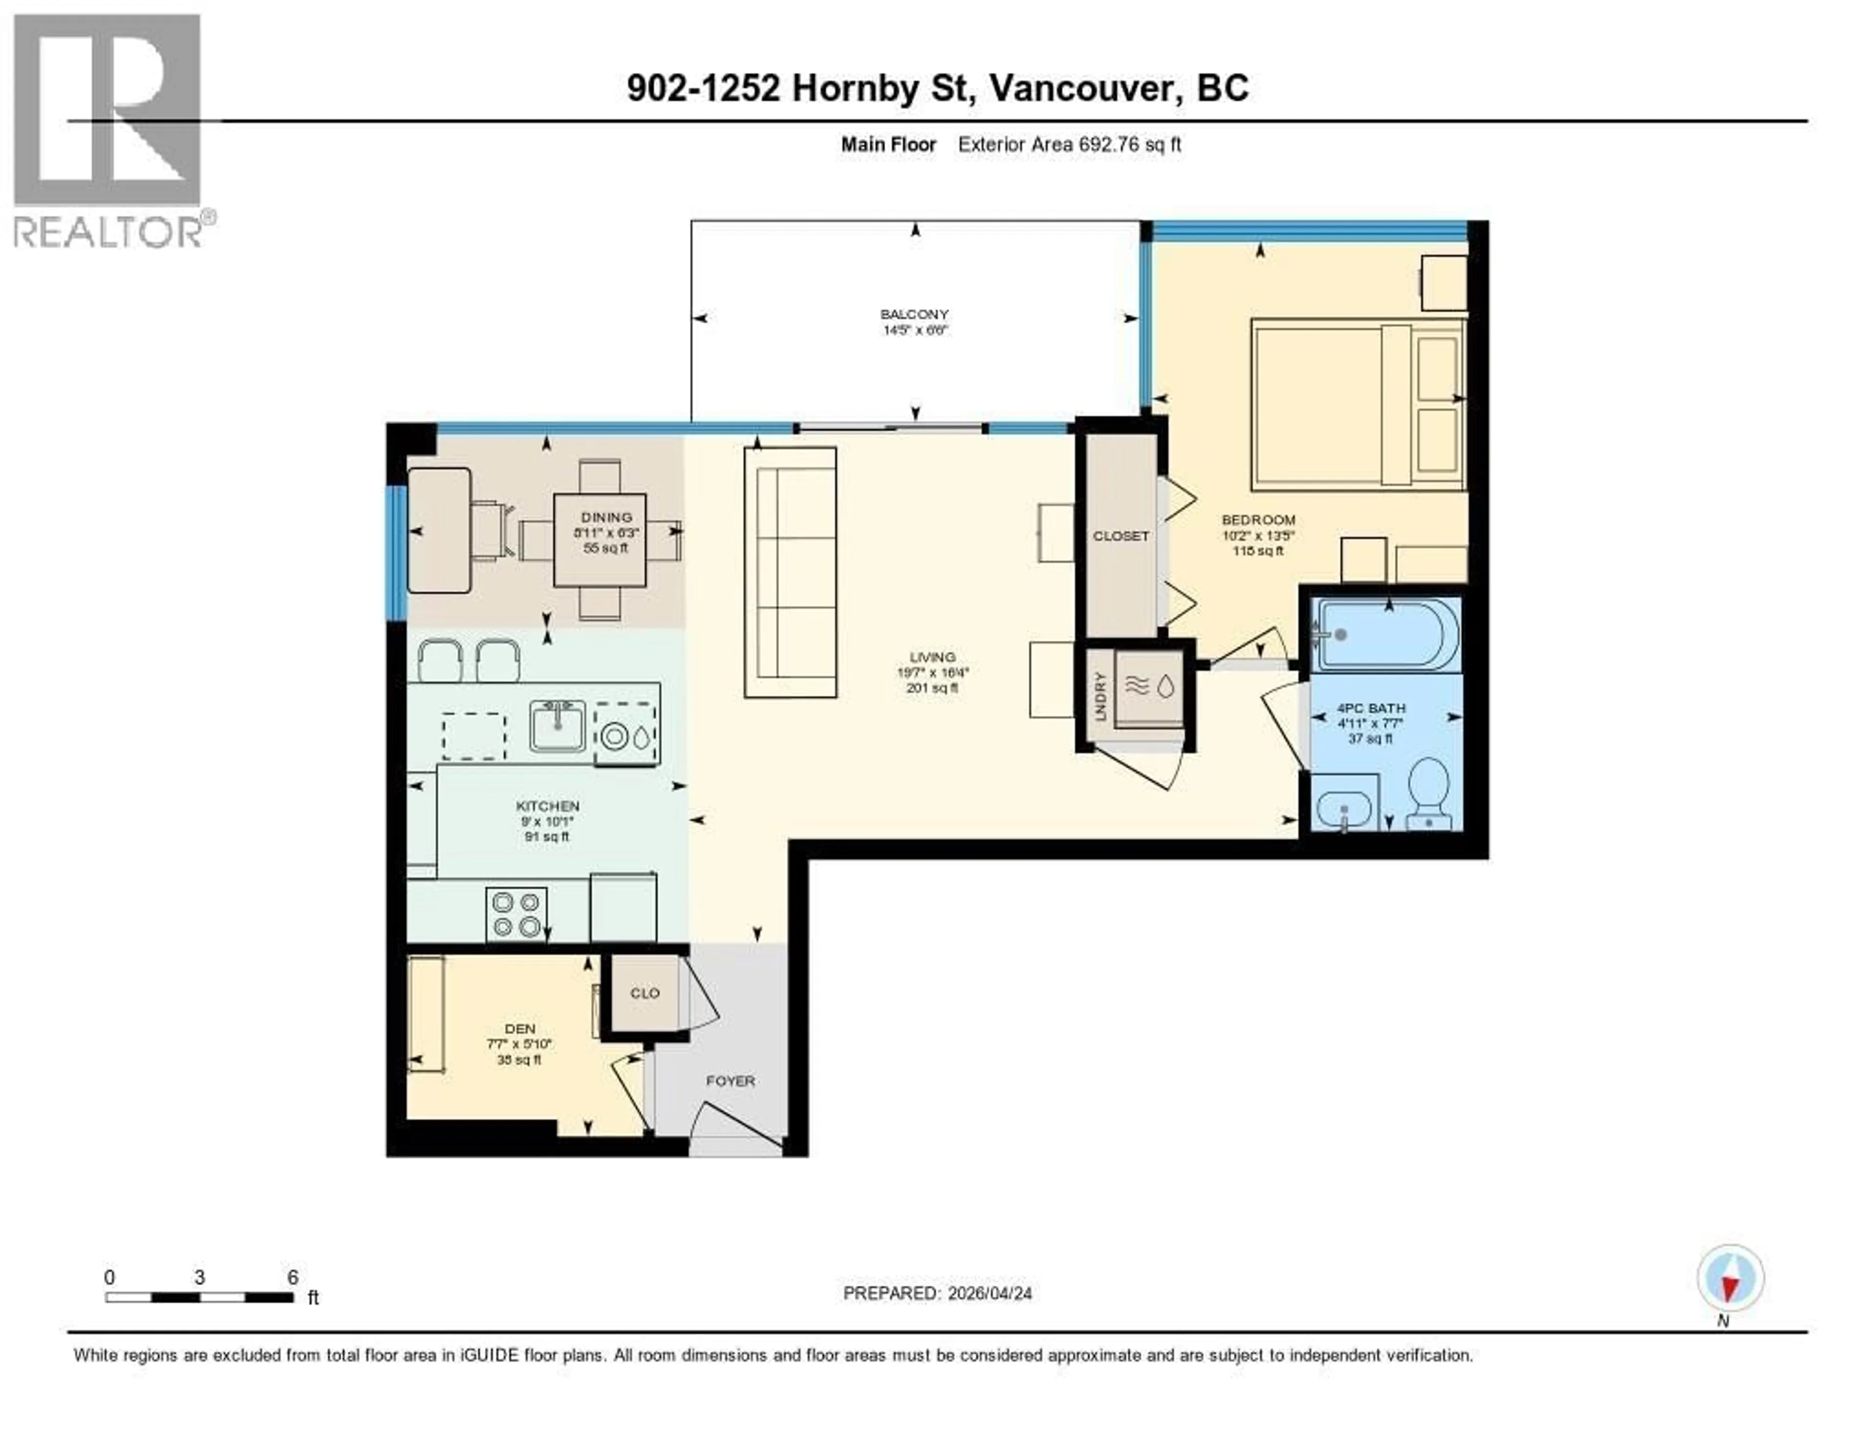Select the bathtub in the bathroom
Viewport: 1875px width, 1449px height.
1388,635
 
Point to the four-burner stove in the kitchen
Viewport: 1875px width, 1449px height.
517,914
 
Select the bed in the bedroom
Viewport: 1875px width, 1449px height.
1358,403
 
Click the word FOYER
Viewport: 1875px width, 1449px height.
730,1081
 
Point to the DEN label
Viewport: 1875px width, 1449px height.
520,1028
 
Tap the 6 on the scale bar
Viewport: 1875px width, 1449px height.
293,1277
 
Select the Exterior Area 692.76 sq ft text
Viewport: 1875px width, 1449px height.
1069,144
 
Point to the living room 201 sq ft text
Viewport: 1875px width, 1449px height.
932,688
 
